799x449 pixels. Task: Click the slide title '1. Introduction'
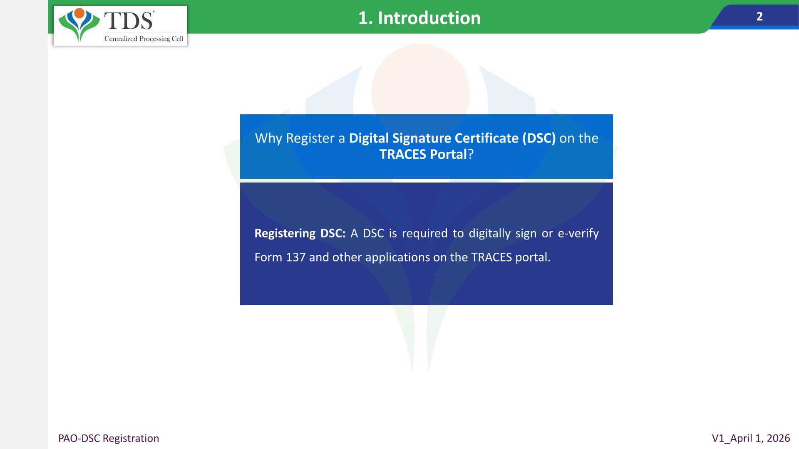[419, 18]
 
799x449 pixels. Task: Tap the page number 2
[759, 17]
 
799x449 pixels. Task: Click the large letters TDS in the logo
[129, 20]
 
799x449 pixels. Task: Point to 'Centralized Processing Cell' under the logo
[144, 39]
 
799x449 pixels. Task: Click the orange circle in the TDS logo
[79, 13]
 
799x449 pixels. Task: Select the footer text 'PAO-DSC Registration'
[109, 438]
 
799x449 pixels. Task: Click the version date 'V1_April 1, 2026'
[751, 438]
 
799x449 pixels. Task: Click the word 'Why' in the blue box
[268, 138]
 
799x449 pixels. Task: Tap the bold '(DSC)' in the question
[539, 138]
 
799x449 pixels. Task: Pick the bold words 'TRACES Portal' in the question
[423, 154]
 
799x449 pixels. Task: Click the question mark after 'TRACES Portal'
[471, 154]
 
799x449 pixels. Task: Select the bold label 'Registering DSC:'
[300, 233]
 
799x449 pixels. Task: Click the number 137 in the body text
[295, 257]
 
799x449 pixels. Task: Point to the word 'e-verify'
[578, 233]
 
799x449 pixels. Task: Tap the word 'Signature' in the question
[422, 138]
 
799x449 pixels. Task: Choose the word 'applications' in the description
[397, 257]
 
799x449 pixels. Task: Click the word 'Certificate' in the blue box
[487, 138]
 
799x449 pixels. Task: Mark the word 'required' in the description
[424, 233]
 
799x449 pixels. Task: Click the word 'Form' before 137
[268, 257]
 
